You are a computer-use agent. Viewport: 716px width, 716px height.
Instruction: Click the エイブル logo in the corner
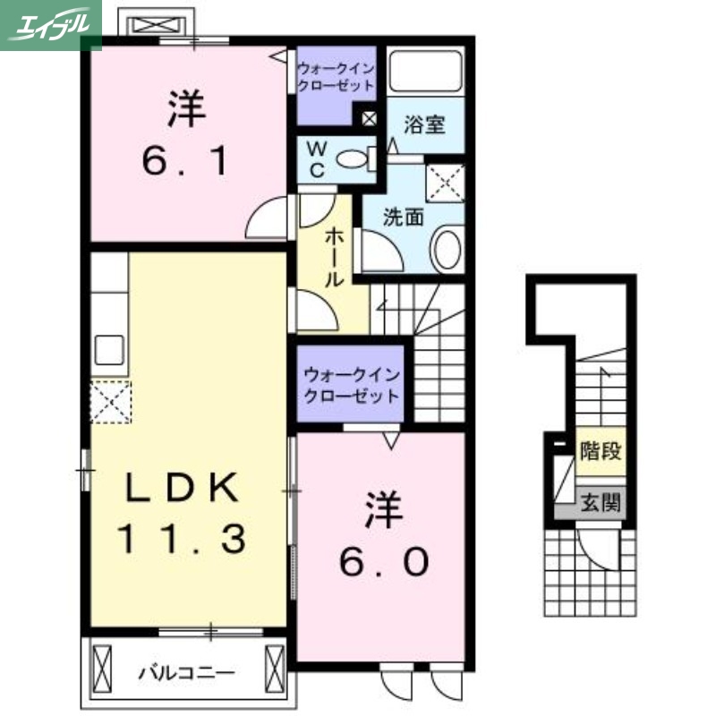[50, 24]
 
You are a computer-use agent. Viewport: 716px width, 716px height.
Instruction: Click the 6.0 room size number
[382, 561]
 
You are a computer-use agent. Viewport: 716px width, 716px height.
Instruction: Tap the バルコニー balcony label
[186, 670]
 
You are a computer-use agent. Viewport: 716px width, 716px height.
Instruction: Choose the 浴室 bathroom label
[423, 124]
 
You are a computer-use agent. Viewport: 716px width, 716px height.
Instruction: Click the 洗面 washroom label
[403, 216]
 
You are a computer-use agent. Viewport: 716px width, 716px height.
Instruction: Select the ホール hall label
[333, 256]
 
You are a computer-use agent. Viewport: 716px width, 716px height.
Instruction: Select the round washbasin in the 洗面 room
[446, 249]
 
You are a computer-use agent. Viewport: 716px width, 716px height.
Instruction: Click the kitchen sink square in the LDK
[109, 349]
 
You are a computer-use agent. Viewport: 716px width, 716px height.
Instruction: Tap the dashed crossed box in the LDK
[109, 401]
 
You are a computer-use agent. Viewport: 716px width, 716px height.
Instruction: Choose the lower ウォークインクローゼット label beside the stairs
[351, 384]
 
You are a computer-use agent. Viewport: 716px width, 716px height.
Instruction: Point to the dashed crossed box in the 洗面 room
[445, 183]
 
